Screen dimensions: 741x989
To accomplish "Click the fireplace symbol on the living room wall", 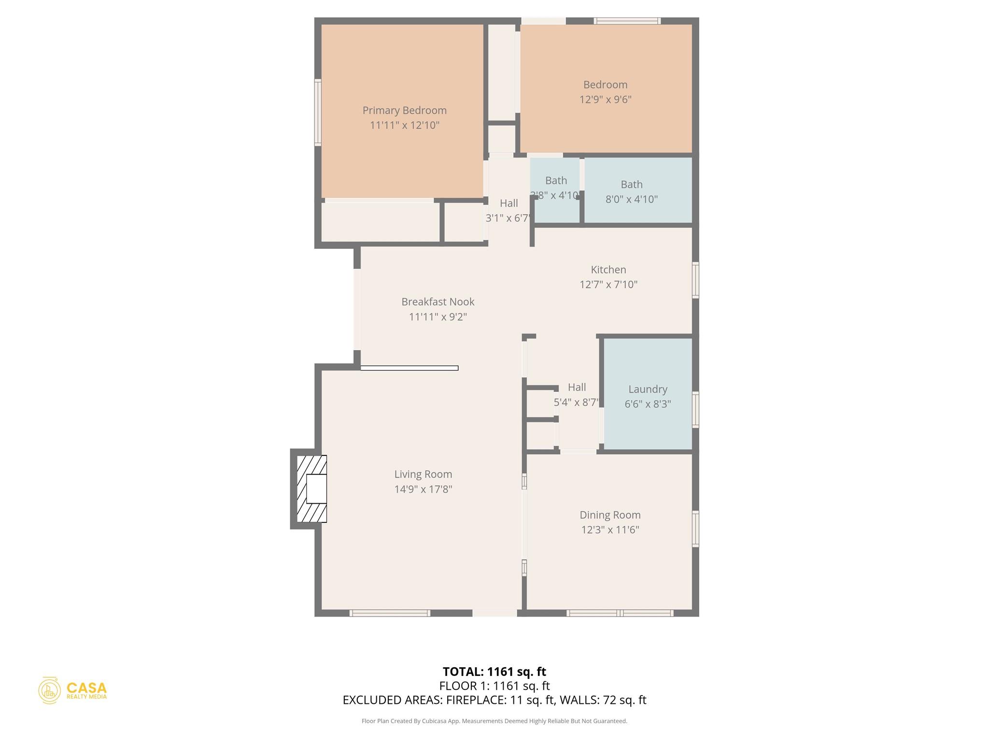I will [x=311, y=489].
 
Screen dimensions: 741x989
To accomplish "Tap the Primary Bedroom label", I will [x=404, y=110].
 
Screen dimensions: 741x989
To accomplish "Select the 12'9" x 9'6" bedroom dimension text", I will [x=605, y=99].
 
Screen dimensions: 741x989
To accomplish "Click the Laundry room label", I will [x=648, y=389].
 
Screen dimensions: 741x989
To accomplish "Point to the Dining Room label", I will [x=610, y=515].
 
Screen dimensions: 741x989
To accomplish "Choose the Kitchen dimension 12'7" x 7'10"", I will [x=608, y=284].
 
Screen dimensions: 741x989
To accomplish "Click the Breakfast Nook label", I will [x=438, y=302].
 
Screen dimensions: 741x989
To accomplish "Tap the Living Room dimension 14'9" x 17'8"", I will [x=423, y=489].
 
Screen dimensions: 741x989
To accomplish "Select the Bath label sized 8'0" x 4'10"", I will [x=631, y=184].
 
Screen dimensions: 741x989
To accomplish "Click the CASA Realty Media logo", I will [x=72, y=690].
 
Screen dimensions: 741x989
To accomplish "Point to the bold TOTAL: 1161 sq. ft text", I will [x=494, y=672].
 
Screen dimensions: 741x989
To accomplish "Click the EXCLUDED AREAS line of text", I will [x=494, y=700].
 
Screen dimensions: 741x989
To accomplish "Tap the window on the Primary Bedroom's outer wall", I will [x=318, y=112].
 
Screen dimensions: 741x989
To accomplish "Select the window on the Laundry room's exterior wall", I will [x=695, y=410].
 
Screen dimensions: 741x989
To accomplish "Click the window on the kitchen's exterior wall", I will [x=695, y=280].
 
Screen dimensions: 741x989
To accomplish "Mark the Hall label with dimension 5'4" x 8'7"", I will [x=577, y=387].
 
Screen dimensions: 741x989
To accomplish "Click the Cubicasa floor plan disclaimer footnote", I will [x=494, y=721].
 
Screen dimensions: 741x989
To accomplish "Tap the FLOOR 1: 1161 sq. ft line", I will [x=494, y=686].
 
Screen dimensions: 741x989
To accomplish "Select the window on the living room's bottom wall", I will [x=390, y=613].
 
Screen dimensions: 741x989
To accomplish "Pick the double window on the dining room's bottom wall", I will [x=620, y=613].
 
